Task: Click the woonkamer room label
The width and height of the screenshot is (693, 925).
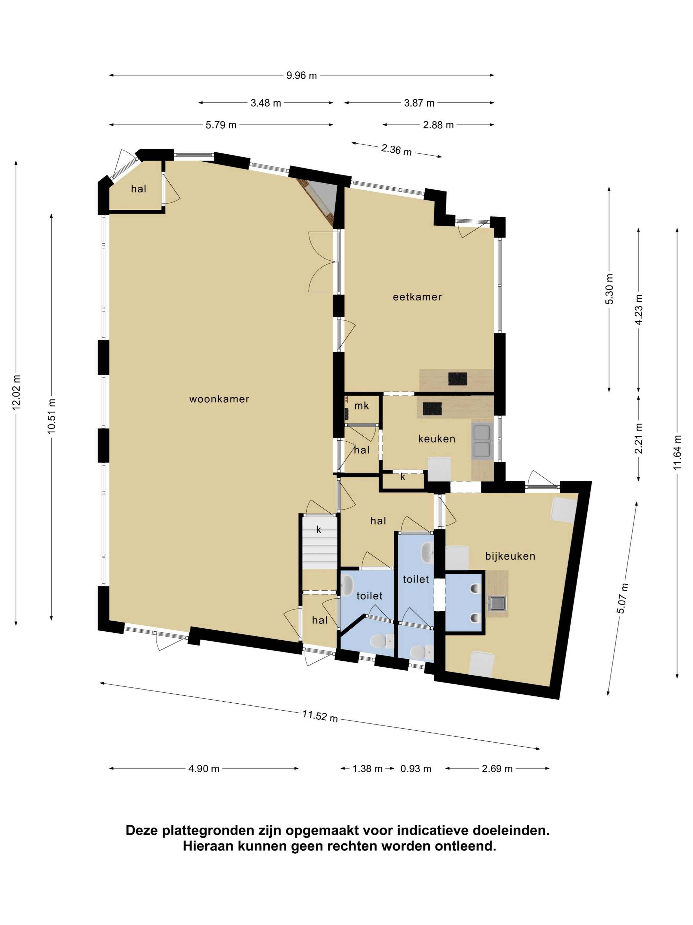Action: coord(219,399)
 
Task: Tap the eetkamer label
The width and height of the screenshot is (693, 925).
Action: coord(417,297)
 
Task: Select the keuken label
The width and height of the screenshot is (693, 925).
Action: coord(437,439)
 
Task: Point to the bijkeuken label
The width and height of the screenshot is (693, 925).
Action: coord(510,556)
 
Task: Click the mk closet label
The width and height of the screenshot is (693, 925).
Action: coord(362,406)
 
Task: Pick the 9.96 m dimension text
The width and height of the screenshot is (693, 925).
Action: coord(302,76)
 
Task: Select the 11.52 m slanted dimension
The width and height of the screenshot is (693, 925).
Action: coord(320,716)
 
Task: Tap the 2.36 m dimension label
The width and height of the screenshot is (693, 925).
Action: coord(396,150)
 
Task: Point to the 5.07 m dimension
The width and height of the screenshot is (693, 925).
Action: coord(622,598)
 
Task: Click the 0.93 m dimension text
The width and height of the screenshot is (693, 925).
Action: coord(415,769)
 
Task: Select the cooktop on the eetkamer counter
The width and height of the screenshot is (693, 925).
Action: coord(457,379)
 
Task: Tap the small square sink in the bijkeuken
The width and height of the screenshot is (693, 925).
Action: coord(497,604)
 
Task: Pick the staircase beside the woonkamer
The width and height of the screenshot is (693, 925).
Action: coord(319,544)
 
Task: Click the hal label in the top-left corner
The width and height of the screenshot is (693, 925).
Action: coord(139,189)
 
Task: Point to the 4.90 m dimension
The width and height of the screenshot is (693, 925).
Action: coord(204,769)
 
